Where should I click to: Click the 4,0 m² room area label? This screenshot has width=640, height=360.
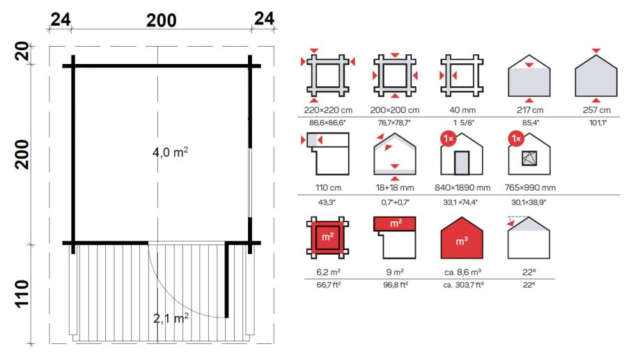[170, 152]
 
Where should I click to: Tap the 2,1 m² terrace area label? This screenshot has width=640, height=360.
[171, 318]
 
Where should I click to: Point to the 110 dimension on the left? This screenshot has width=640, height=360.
[22, 294]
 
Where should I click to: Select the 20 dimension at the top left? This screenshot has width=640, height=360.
[22, 51]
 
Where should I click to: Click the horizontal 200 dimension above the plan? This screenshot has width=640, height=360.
[162, 20]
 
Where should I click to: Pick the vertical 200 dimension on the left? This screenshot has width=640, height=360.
[22, 155]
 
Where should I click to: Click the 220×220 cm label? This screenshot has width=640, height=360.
[328, 110]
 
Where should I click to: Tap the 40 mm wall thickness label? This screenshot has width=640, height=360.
[462, 110]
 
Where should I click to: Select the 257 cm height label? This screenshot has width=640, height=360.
[596, 110]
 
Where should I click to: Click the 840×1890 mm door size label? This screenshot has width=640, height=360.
[462, 188]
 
